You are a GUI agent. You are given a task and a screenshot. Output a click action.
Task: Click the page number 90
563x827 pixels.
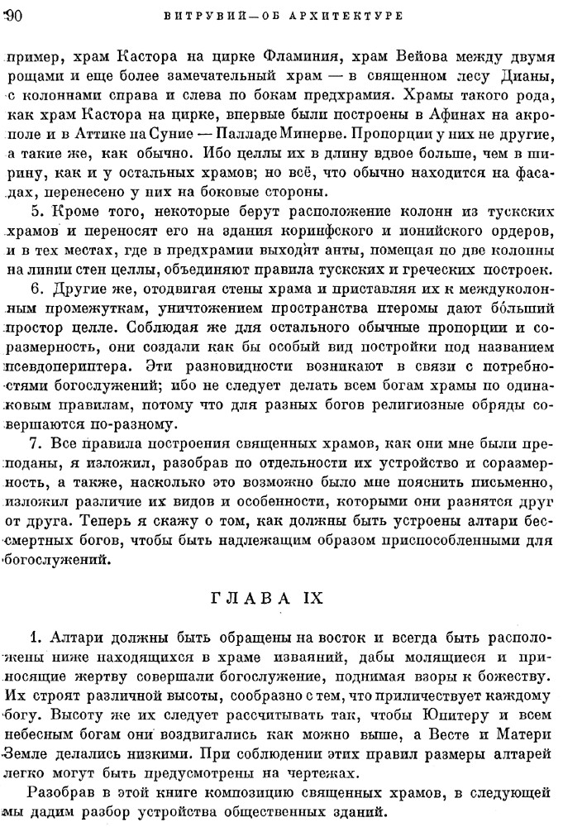(12, 14)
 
